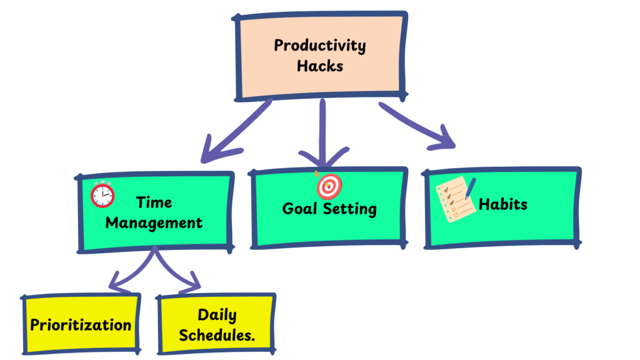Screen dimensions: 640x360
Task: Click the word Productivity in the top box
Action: click(x=319, y=46)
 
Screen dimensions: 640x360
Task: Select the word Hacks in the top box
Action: click(x=319, y=66)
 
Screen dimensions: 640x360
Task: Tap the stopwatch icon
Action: click(x=102, y=194)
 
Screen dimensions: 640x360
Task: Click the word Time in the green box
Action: click(x=154, y=202)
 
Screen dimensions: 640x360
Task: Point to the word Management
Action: click(x=154, y=223)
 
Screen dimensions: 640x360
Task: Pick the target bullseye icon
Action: click(x=329, y=185)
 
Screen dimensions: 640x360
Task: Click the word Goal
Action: click(x=299, y=209)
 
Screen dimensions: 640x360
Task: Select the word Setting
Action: click(x=350, y=209)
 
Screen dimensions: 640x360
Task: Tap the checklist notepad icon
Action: click(x=456, y=199)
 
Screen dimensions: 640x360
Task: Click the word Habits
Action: click(x=503, y=204)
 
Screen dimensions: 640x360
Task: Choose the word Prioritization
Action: click(x=81, y=325)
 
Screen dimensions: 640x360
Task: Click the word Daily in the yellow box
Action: click(x=217, y=315)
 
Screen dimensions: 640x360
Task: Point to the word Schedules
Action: click(x=215, y=336)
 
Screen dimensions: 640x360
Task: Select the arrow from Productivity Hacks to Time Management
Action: click(x=235, y=131)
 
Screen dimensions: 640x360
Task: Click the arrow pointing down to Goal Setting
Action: click(x=323, y=132)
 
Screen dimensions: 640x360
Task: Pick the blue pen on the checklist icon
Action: click(x=470, y=188)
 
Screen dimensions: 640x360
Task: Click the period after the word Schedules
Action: click(x=253, y=341)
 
